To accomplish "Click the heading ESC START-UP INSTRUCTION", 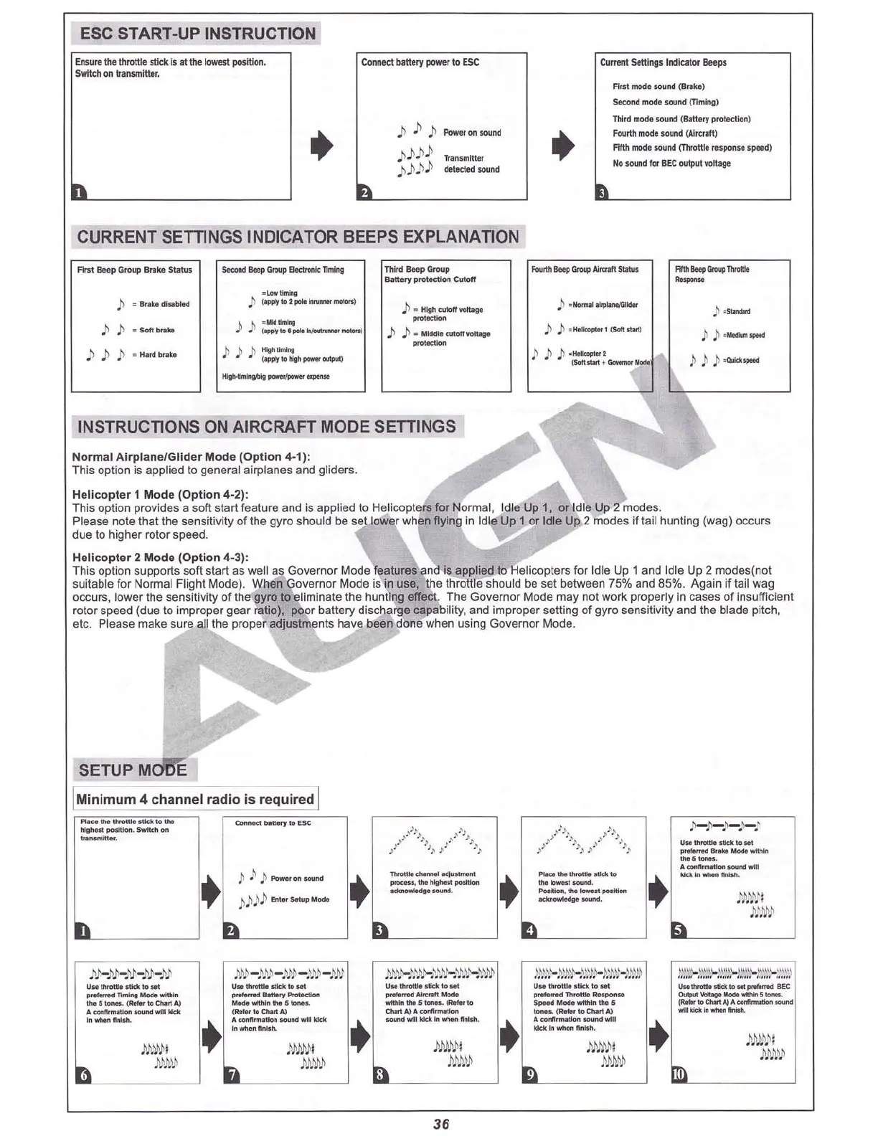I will pos(197,34).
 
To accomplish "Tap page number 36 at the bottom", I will pos(441,1124).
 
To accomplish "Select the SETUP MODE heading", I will pos(133,770).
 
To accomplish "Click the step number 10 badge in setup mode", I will pos(679,1074).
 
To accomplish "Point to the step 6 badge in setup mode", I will pos(83,1074).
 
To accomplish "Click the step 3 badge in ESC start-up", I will pos(603,192).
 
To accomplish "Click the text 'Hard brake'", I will pos(158,355).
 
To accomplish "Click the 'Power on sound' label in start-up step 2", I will pos(472,133).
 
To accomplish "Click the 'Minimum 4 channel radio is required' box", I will pos(196,799).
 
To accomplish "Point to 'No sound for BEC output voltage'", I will pos(671,164).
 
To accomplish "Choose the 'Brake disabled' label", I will pos(164,304).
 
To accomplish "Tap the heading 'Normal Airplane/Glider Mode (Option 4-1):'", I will pos(191,457).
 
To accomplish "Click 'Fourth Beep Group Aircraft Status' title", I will pos(585,270).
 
